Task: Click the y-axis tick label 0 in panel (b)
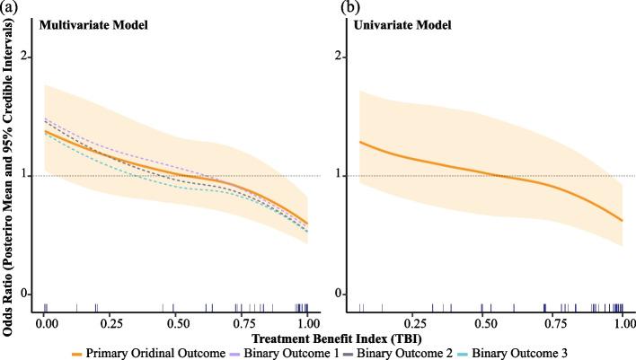point(341,294)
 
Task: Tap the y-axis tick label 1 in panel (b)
point(341,176)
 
